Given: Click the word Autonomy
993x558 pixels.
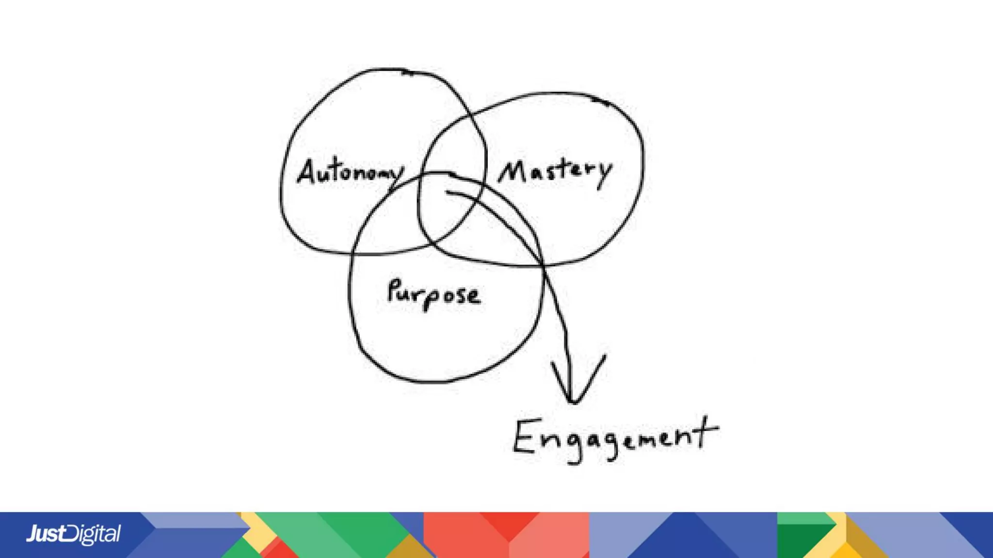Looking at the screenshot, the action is coord(350,171).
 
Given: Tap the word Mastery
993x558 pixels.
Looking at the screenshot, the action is coord(556,171).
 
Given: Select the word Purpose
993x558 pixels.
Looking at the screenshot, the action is coord(434,294).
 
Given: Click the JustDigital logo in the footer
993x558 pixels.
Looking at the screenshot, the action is coord(73,534).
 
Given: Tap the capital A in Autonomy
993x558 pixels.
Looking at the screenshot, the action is coord(307,171).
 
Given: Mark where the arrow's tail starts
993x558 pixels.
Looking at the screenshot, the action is coord(447,192).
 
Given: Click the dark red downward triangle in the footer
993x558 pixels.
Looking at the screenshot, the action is coord(509,523).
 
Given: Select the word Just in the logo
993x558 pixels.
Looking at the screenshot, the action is coord(46,534).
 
